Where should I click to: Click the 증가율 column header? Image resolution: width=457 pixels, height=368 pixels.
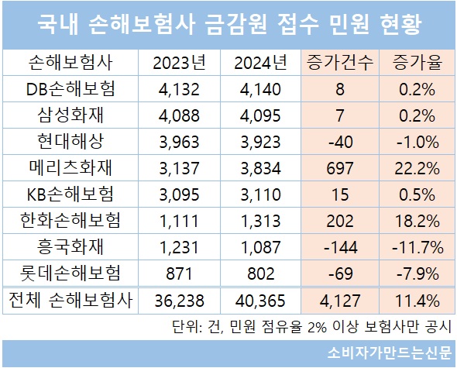417,63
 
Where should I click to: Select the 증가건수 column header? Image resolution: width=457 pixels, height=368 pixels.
340,63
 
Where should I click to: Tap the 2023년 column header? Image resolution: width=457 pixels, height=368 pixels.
179,63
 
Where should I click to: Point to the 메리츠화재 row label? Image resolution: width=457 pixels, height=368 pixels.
70,168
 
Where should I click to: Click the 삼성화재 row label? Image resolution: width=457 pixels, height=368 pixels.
70,115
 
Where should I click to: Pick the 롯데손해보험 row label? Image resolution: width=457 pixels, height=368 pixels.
70,273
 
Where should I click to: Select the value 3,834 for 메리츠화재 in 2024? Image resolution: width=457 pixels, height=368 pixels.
260,168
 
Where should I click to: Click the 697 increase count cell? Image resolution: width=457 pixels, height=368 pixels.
340,168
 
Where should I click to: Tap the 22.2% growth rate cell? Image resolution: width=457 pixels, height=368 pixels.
417,168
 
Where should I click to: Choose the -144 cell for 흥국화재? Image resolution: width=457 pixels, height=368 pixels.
340,247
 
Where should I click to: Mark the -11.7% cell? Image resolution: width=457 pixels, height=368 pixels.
417,247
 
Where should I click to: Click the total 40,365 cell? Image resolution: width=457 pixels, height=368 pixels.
260,301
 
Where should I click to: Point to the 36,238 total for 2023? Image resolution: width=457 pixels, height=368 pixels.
179,301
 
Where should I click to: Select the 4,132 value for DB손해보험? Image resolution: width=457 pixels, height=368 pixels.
179,89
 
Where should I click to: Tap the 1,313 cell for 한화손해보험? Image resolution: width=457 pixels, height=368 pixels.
260,221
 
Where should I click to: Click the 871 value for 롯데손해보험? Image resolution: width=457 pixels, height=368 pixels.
179,273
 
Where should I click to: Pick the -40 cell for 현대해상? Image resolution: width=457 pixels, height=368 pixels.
340,142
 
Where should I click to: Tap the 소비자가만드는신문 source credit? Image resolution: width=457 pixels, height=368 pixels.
390,353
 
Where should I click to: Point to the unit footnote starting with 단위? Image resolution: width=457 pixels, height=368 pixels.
311,327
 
